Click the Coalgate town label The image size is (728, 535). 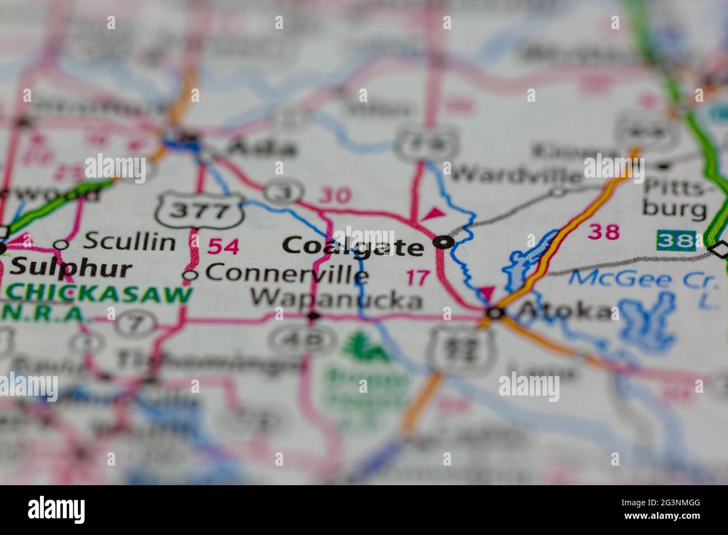353,246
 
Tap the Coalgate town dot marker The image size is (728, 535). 444,242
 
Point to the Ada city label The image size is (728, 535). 263,148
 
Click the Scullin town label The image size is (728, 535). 129,242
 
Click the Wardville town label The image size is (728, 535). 516,175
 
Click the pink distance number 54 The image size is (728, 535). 223,246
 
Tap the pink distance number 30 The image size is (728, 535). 335,195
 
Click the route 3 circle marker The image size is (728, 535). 278,192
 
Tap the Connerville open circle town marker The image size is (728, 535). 190,275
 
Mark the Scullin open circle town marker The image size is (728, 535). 61,245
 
